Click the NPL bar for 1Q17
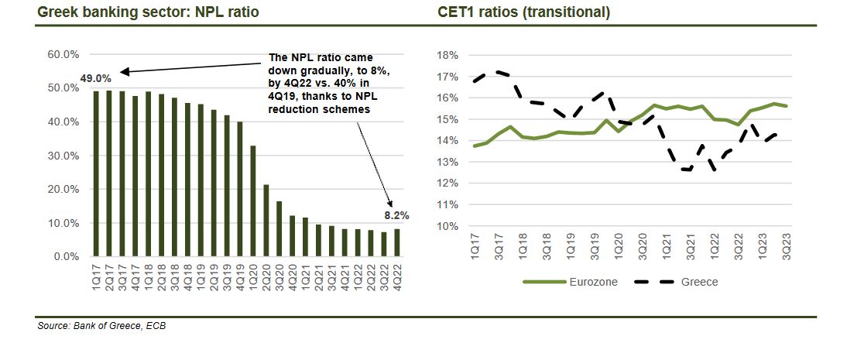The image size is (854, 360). (x=96, y=173)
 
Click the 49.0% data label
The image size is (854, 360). (x=96, y=78)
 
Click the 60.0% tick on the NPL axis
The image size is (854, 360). (x=63, y=55)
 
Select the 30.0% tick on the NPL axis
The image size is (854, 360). (x=63, y=156)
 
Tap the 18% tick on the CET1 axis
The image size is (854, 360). (x=448, y=56)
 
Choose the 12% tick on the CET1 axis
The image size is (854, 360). (x=448, y=184)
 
